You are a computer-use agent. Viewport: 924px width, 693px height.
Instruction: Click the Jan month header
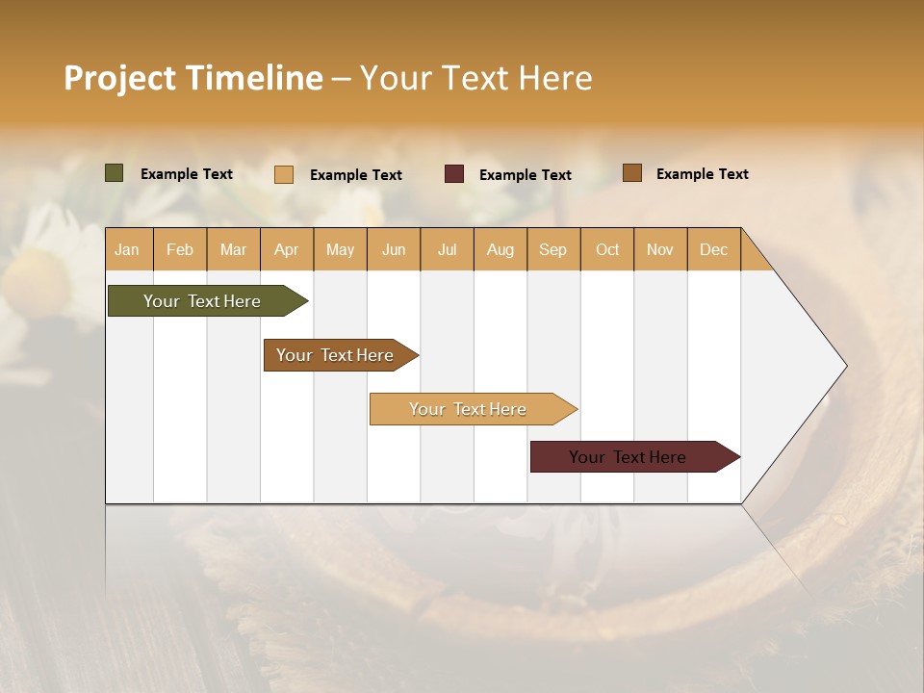(127, 249)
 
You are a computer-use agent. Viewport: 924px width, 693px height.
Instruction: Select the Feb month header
(180, 249)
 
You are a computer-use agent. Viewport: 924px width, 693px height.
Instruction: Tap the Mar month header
(233, 249)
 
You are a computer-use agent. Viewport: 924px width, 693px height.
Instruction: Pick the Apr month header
(286, 249)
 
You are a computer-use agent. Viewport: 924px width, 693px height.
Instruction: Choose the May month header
(340, 249)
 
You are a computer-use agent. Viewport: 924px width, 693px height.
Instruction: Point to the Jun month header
(394, 249)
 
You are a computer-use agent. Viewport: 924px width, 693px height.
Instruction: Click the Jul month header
(447, 249)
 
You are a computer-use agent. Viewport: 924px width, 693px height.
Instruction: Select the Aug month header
(500, 249)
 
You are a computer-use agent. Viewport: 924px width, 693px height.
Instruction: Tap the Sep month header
(552, 249)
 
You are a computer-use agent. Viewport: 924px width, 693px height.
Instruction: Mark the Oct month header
(607, 249)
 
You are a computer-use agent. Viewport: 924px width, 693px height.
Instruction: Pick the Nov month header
(659, 249)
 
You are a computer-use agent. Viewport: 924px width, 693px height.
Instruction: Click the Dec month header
(713, 249)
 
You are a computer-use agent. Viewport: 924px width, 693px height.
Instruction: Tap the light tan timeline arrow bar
(469, 409)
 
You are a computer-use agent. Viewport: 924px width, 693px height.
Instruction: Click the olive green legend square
(114, 173)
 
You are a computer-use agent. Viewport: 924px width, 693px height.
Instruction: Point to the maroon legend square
(454, 174)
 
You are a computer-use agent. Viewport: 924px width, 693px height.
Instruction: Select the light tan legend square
(284, 174)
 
